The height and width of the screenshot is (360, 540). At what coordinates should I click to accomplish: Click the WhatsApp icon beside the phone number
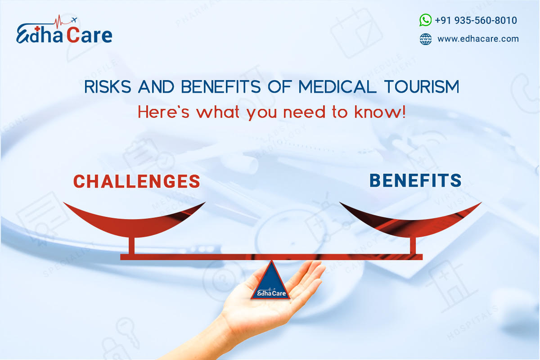pyautogui.click(x=425, y=20)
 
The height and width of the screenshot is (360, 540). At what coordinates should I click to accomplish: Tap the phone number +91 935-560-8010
pyautogui.click(x=476, y=21)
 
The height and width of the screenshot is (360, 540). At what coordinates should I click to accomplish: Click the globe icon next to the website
pyautogui.click(x=425, y=39)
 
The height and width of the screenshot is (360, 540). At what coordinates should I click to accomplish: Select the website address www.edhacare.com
pyautogui.click(x=478, y=39)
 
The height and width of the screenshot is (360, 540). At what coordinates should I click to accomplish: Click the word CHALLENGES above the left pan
pyautogui.click(x=136, y=181)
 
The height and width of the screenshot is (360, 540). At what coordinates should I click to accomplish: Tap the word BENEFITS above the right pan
pyautogui.click(x=415, y=180)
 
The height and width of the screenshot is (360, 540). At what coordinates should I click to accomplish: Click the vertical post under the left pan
pyautogui.click(x=131, y=245)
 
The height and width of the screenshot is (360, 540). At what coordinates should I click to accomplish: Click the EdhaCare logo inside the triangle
pyautogui.click(x=270, y=293)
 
